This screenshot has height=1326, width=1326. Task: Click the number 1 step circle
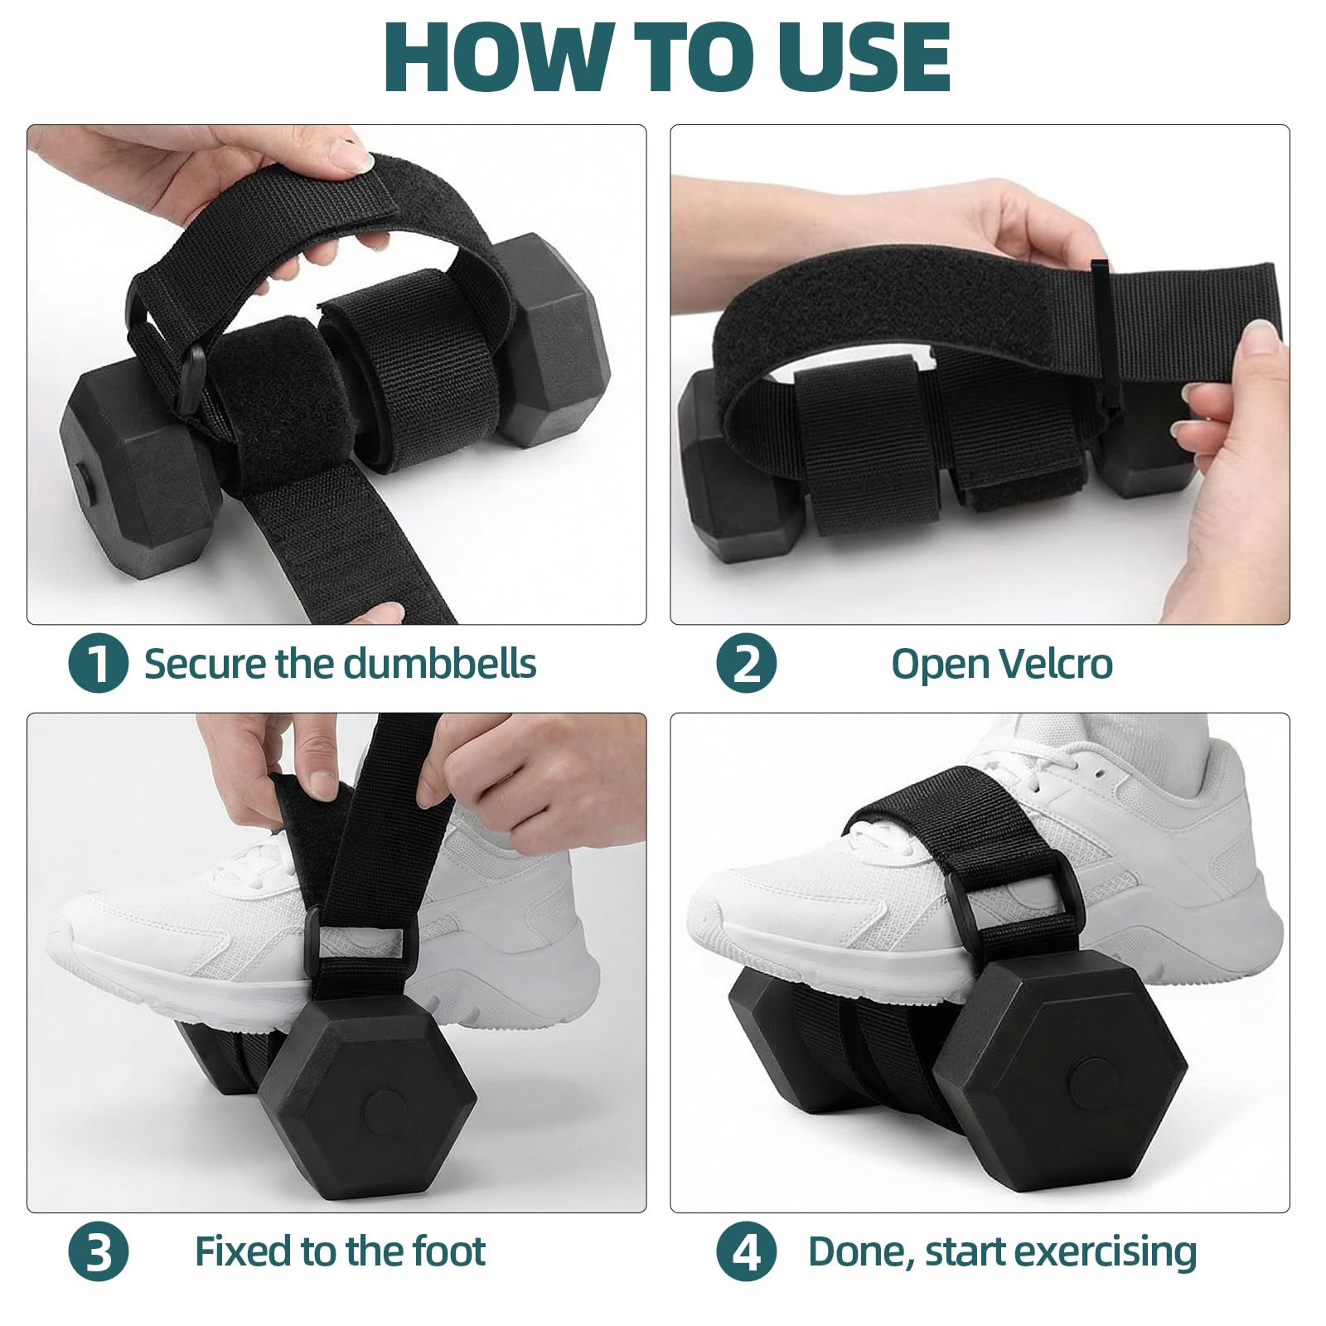[98, 663]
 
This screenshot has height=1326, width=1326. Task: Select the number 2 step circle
[747, 663]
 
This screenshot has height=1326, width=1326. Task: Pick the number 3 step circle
[98, 1251]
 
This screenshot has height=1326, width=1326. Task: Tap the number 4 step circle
[747, 1251]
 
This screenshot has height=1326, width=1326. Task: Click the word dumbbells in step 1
[440, 663]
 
